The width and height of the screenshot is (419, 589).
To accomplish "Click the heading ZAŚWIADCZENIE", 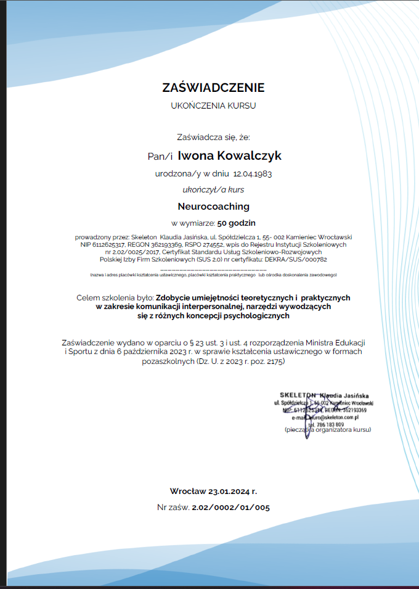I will (x=213, y=88).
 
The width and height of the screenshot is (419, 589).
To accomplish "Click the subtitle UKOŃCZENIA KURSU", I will (x=213, y=106).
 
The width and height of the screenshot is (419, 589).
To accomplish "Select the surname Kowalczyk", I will (x=246, y=156).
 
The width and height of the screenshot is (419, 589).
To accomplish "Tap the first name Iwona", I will (x=193, y=156).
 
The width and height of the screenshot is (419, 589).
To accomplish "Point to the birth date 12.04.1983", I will (x=253, y=174).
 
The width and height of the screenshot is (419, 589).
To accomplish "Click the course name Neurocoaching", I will (x=213, y=206).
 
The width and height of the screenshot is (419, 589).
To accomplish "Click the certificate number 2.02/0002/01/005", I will (x=230, y=508).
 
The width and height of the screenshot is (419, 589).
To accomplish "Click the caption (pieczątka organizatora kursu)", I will (x=328, y=429).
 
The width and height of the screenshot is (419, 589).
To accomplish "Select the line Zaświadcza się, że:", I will (x=213, y=138).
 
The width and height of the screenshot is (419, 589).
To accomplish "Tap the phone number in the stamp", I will (x=327, y=424).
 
